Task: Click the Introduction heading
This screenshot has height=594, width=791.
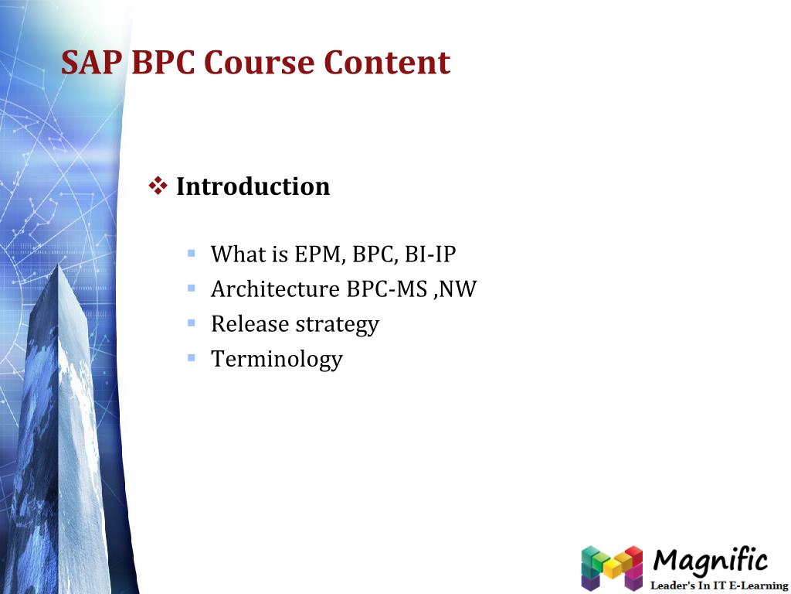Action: pyautogui.click(x=253, y=186)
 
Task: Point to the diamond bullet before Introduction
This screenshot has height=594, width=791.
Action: pyautogui.click(x=158, y=186)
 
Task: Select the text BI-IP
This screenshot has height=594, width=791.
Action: pyautogui.click(x=430, y=254)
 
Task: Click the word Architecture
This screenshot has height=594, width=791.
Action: pyautogui.click(x=275, y=289)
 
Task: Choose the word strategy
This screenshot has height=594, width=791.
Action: pyautogui.click(x=337, y=325)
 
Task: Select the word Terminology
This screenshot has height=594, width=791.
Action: pyautogui.click(x=277, y=359)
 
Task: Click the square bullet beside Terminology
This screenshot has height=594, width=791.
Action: pyautogui.click(x=192, y=358)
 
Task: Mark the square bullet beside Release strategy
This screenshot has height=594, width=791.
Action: pyautogui.click(x=192, y=323)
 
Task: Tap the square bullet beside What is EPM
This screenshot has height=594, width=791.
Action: pyautogui.click(x=192, y=253)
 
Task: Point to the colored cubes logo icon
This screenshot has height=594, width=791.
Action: pyautogui.click(x=612, y=567)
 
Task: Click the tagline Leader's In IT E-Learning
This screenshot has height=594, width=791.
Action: pyautogui.click(x=718, y=585)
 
